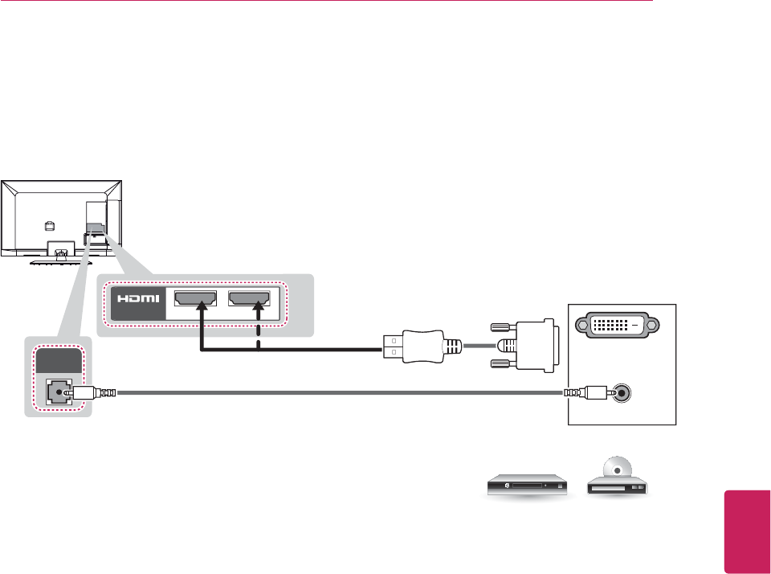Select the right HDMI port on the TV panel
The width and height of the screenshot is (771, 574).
[249, 300]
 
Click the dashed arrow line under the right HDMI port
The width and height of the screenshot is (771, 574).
[259, 334]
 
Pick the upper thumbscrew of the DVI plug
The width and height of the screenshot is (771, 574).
[500, 327]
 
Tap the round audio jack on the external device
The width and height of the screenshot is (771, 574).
[621, 393]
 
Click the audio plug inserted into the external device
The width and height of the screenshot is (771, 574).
[586, 393]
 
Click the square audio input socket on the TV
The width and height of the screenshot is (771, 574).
[56, 393]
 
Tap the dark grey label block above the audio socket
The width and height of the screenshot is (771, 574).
[56, 359]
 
